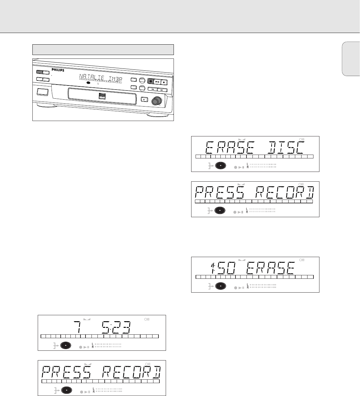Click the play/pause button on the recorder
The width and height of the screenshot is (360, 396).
point(158,82)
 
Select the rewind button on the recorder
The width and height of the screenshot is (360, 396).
point(152,90)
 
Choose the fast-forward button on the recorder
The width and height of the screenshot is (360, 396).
point(162,90)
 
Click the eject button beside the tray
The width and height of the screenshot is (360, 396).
point(144,99)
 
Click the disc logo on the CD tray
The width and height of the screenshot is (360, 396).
point(102,96)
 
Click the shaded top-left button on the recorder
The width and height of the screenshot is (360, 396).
point(40,72)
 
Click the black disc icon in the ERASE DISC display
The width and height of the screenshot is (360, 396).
point(220,165)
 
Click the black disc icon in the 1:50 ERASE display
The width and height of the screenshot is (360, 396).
point(220,286)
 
